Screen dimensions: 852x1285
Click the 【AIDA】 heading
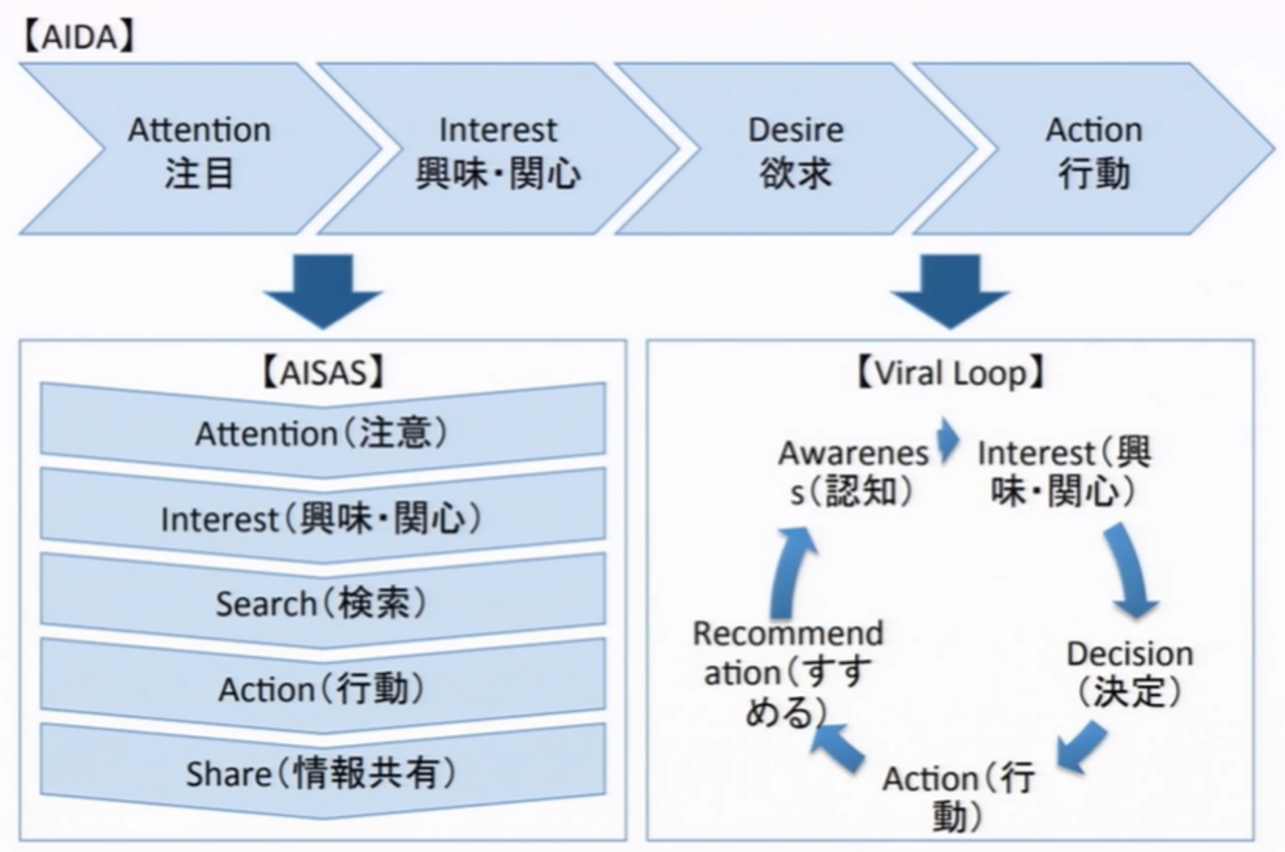(78, 37)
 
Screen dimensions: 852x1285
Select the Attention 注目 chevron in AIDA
(200, 150)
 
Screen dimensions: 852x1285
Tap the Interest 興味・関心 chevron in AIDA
(497, 150)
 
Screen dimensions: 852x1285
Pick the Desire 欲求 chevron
(796, 150)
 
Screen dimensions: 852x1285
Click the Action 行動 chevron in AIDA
(1093, 150)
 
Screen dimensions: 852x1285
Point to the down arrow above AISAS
(323, 291)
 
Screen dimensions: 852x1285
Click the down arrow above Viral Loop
(950, 291)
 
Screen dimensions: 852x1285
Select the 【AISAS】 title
(323, 373)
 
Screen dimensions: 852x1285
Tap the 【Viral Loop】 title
(950, 373)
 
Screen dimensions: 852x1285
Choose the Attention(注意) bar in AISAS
(322, 433)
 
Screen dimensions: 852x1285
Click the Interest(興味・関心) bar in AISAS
(322, 518)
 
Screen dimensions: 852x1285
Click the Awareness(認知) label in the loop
(853, 472)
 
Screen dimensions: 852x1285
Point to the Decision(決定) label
(1130, 673)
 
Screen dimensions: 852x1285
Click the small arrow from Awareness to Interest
(948, 441)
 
